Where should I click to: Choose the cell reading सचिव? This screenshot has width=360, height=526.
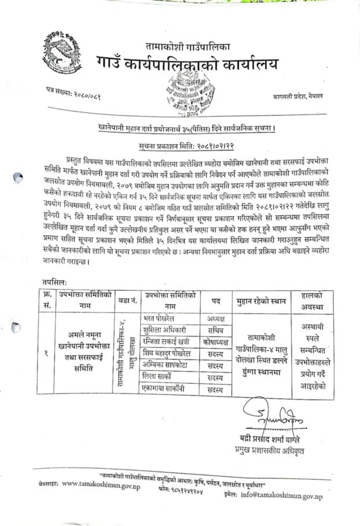coord(215,329)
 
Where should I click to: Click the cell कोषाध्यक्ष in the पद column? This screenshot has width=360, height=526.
coord(215,340)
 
